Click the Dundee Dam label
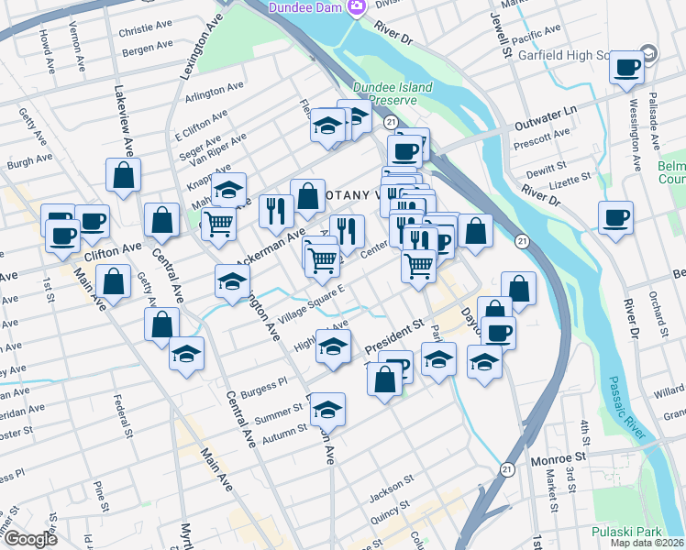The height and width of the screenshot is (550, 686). point(305,7)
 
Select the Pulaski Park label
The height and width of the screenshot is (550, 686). point(636,531)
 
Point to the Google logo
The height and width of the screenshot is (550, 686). point(30,539)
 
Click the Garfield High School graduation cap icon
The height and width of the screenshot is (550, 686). point(650,54)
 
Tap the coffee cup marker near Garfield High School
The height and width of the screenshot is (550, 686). point(628,67)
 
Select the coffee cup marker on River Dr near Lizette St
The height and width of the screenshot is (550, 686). point(615,217)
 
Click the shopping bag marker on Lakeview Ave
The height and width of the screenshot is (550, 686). point(123,173)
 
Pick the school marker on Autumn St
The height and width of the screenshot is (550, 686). point(327,408)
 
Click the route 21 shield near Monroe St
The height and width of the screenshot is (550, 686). point(506,468)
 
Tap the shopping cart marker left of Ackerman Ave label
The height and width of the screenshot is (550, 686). point(218,222)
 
